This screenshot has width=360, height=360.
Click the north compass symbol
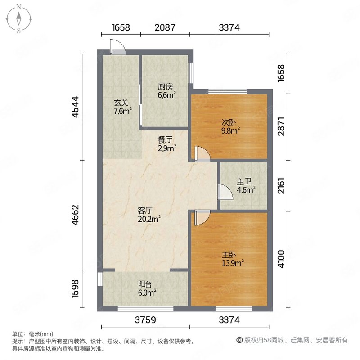click(x=19, y=18)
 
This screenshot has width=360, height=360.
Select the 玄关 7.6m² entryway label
click(x=122, y=108)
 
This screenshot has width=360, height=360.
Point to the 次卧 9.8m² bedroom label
click(x=229, y=126)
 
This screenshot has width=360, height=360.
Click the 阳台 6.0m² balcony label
click(x=147, y=288)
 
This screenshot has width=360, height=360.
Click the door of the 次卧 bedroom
click(x=202, y=154)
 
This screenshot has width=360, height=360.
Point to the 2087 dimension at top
click(x=165, y=27)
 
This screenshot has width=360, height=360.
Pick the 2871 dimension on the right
click(x=282, y=126)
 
